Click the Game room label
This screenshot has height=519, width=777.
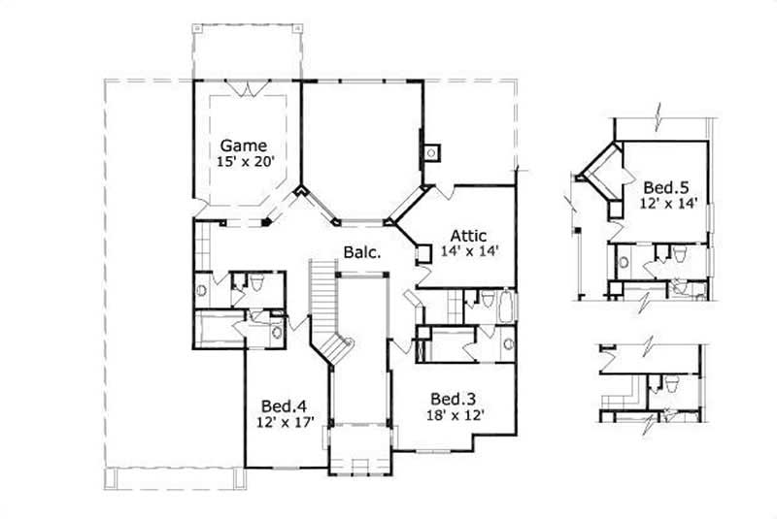[243, 146]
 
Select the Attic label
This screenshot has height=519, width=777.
[468, 235]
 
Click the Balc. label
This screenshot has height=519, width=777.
[360, 252]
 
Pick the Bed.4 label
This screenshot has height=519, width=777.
[283, 405]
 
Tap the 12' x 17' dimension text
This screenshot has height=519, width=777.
[283, 421]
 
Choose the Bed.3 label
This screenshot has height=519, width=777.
[452, 399]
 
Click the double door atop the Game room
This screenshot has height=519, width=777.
[251, 90]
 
